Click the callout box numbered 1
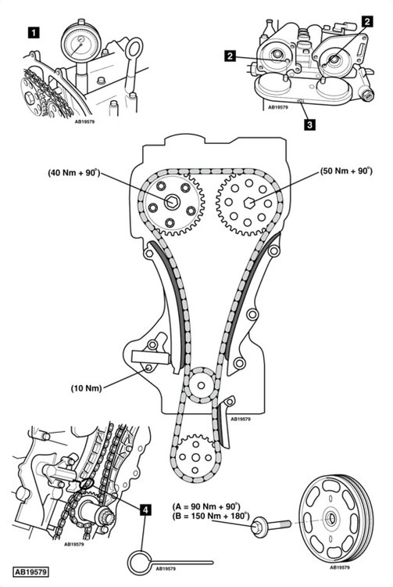click(34, 33)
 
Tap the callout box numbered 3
click(309, 124)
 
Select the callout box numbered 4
click(145, 510)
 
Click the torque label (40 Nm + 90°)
click(74, 173)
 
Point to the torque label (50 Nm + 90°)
click(346, 171)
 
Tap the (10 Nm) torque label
click(86, 388)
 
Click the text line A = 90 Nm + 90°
click(206, 506)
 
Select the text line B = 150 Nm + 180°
click(211, 517)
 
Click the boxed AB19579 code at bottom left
click(31, 572)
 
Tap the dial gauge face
click(80, 42)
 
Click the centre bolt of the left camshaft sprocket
click(172, 202)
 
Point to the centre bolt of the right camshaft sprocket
click(248, 203)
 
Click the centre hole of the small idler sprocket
click(202, 385)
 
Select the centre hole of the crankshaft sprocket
click(195, 458)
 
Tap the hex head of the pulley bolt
click(259, 526)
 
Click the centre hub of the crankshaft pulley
click(330, 518)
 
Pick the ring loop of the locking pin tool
click(140, 562)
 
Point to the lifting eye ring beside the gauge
click(134, 48)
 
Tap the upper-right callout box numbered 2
click(367, 21)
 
